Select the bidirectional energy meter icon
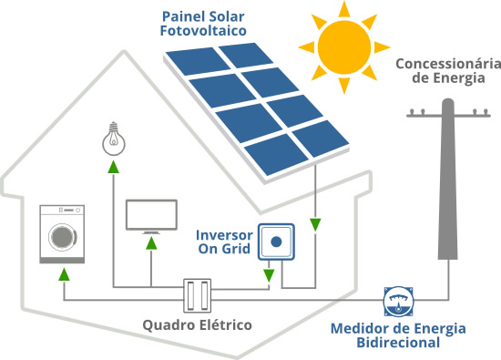click(x=395, y=300)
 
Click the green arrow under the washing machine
click(x=63, y=273)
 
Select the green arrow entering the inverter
click(x=269, y=273)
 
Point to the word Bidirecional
click(x=398, y=343)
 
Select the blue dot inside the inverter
click(x=276, y=242)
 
